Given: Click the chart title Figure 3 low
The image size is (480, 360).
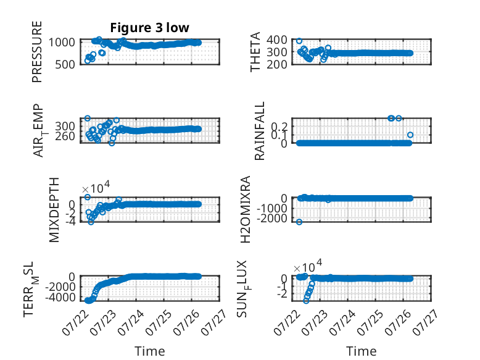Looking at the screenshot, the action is [x=150, y=28].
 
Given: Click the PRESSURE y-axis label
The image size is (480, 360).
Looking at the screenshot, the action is [x=37, y=52].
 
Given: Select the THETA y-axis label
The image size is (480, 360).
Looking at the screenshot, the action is [x=255, y=52].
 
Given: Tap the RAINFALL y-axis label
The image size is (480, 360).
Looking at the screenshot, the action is [x=259, y=131].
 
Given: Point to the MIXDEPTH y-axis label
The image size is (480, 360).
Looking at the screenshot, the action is [x=54, y=210].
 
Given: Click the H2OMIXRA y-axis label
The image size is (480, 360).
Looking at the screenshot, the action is [x=246, y=209].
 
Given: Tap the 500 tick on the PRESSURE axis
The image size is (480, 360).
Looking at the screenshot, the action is [x=65, y=64].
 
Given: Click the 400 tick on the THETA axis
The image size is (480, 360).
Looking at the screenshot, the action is [x=277, y=40].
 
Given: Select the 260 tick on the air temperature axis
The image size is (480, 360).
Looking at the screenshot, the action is [x=65, y=136].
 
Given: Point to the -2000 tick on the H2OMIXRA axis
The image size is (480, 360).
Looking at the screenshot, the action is [x=272, y=219].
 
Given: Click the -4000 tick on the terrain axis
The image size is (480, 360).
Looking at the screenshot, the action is [x=60, y=297].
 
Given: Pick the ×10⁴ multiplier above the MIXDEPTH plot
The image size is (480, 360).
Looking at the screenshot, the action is [x=96, y=187].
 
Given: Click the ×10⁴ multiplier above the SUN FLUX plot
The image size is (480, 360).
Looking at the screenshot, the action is [x=307, y=266].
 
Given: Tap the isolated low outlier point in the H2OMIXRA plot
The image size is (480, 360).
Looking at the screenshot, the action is [x=299, y=222].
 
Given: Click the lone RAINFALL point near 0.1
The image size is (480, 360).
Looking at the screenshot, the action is [x=410, y=135].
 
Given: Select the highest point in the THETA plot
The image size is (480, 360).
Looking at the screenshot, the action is [x=299, y=41].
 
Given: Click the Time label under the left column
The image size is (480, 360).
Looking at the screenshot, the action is [x=150, y=351].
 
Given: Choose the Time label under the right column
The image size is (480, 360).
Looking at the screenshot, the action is [x=361, y=351].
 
